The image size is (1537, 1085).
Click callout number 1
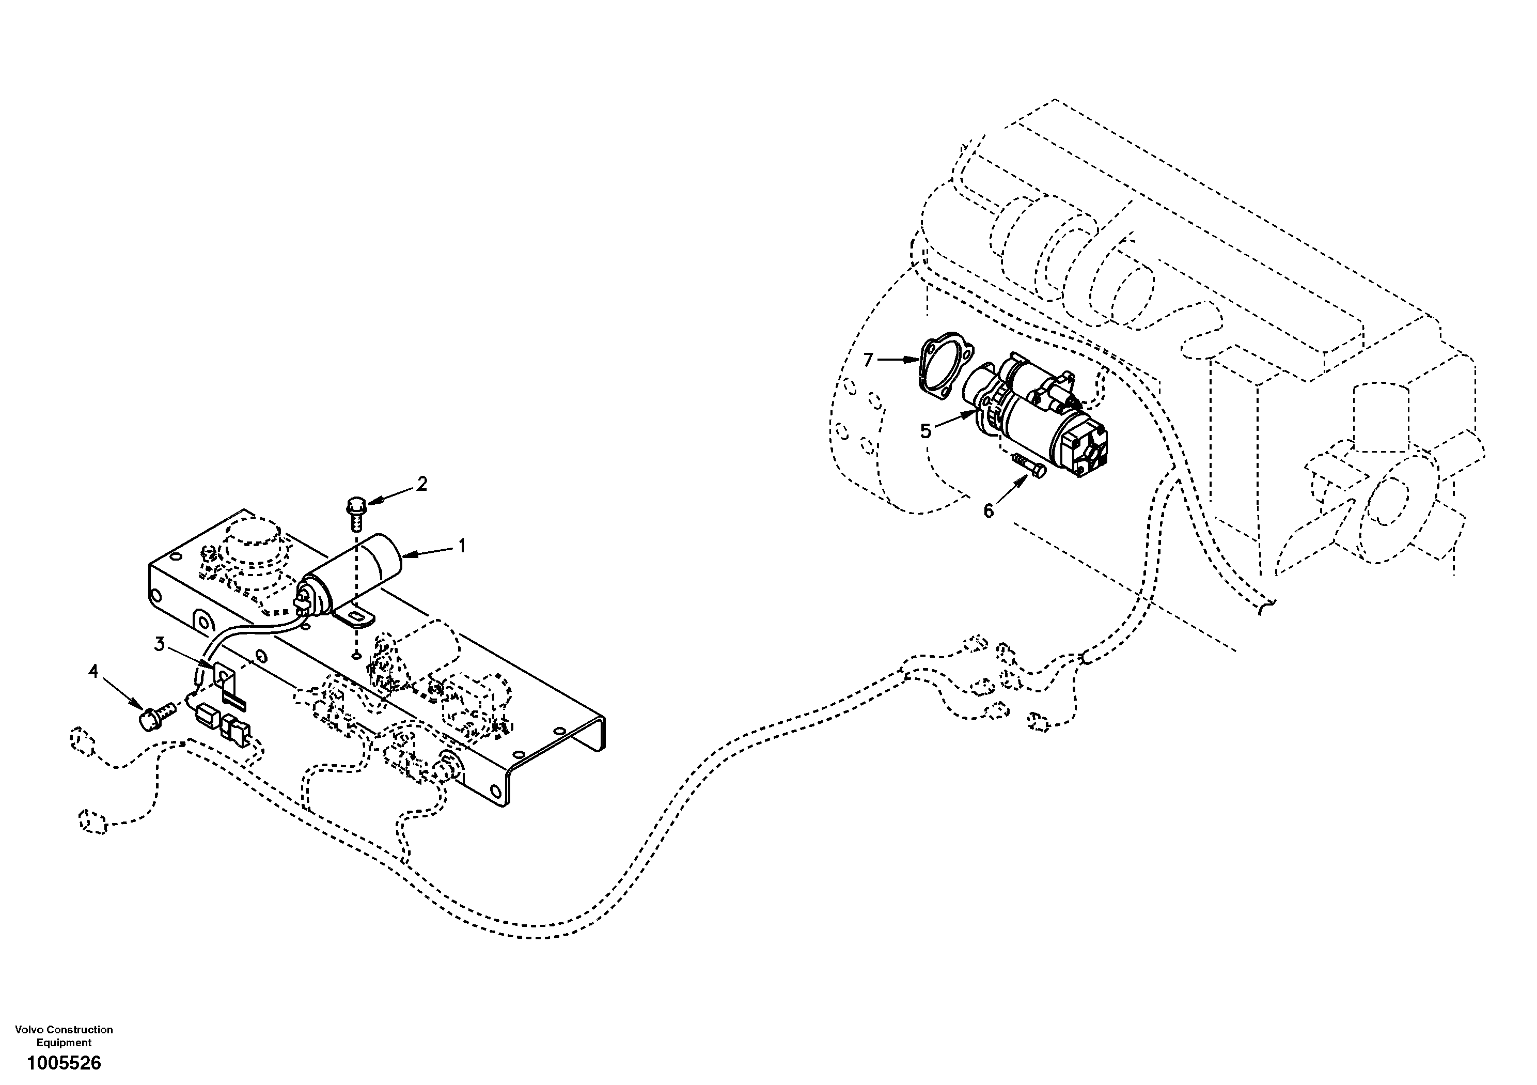point(461,547)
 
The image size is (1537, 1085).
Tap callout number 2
point(422,484)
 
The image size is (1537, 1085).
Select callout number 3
point(159,644)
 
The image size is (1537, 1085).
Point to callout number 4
point(93,671)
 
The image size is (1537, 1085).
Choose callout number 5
point(926,431)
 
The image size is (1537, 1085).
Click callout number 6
point(989,511)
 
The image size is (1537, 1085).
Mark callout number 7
point(868,360)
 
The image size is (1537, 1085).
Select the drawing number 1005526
point(64,1063)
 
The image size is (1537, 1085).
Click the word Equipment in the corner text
point(64,1043)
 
